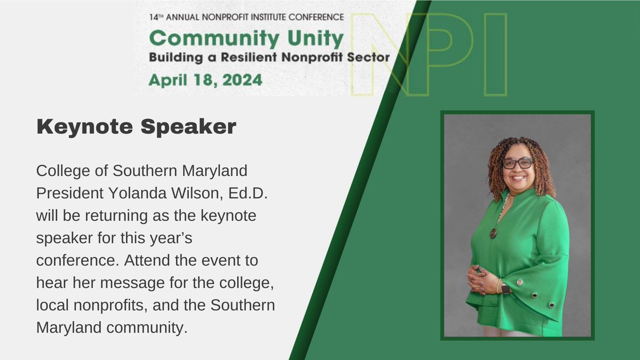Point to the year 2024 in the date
242,80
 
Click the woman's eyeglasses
517,163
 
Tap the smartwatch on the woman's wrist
505,289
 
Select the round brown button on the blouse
493,233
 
